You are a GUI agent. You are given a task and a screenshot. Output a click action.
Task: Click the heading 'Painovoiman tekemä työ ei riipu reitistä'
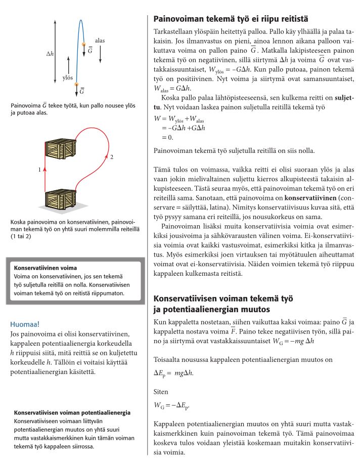coord(230,19)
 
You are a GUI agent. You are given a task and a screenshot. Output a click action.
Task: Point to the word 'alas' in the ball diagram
coord(100,39)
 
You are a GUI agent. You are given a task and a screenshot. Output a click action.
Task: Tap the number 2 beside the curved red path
coord(111,157)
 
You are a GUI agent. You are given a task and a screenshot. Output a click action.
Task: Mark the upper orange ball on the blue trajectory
coord(84,45)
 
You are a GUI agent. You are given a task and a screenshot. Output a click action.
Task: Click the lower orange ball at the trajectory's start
coord(77,84)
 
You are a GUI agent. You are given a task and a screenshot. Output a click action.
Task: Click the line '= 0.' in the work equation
coord(167,137)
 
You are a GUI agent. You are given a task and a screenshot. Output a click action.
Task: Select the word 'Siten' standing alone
coord(161,391)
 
